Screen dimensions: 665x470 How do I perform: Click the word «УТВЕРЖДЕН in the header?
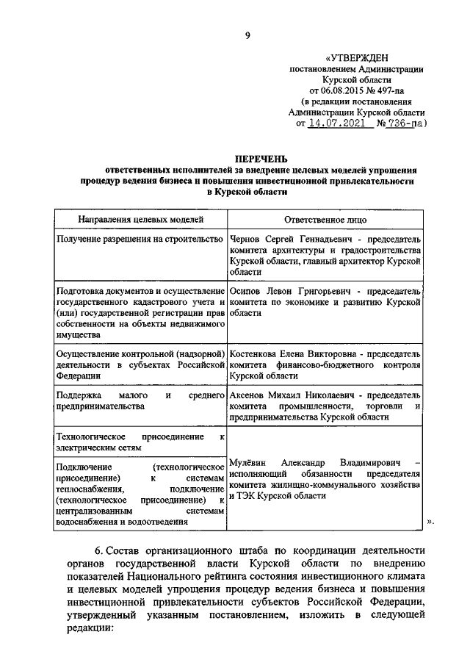click(358, 57)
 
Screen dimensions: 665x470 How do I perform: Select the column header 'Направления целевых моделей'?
click(140, 220)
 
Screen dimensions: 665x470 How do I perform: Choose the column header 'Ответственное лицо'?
click(325, 220)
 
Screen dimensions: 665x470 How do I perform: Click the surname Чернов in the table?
click(245, 240)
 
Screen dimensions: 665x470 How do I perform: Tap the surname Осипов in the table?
click(246, 292)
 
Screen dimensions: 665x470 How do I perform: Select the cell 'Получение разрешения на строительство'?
click(140, 240)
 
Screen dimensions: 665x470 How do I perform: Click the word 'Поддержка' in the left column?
click(79, 396)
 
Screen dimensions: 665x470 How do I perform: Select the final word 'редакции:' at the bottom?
click(88, 630)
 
